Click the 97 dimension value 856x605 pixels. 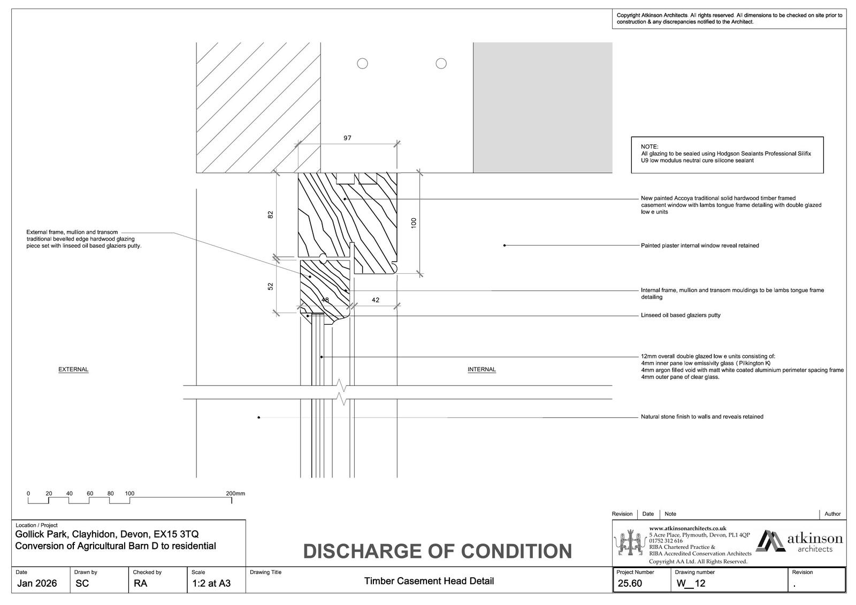(347, 138)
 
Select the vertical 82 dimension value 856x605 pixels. (271, 215)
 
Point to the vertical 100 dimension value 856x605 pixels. (414, 223)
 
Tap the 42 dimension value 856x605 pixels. (375, 300)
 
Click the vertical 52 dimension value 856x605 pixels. (271, 287)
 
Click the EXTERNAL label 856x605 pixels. (73, 370)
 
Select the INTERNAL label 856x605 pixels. (481, 370)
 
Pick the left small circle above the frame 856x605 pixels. (362, 64)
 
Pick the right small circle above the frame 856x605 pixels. (441, 64)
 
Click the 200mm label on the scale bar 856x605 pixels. (235, 494)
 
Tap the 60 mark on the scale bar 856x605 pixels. (90, 494)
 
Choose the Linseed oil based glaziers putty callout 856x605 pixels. (681, 316)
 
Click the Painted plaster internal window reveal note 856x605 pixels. (700, 246)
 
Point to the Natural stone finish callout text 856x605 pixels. (702, 417)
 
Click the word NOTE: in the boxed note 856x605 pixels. (649, 147)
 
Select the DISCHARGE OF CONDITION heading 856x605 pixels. (437, 552)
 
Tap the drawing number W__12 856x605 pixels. (690, 584)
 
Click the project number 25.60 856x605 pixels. (630, 584)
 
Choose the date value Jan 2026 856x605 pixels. (37, 584)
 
